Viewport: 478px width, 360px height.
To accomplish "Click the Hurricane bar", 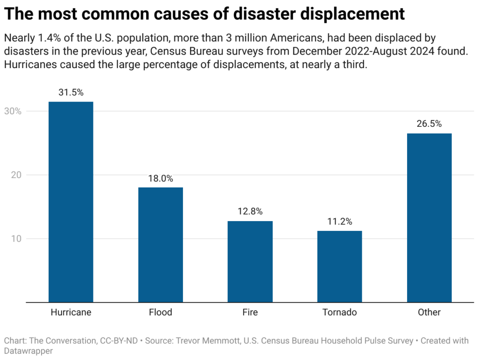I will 71,202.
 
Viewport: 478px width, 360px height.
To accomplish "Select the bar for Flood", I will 161,245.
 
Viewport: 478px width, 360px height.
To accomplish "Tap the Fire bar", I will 250,262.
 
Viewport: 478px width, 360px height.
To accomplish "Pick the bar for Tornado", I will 339,266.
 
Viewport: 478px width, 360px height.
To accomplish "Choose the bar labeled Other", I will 429,218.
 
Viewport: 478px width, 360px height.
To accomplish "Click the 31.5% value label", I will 71,92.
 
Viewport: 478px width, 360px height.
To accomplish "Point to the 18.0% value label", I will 161,178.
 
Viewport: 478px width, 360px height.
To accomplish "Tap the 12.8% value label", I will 250,212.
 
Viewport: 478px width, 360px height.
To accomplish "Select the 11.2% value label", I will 339,222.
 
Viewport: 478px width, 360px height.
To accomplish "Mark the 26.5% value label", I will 429,124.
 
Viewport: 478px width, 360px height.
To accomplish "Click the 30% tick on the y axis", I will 13,111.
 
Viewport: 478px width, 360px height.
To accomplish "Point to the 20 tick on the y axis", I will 15,175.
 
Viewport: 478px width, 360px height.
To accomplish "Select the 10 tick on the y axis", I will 15,239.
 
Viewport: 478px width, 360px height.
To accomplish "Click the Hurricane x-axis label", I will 71,312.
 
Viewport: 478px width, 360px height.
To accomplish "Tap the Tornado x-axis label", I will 339,312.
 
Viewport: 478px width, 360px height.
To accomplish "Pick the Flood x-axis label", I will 161,312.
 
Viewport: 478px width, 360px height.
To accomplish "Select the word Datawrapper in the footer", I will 28,351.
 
